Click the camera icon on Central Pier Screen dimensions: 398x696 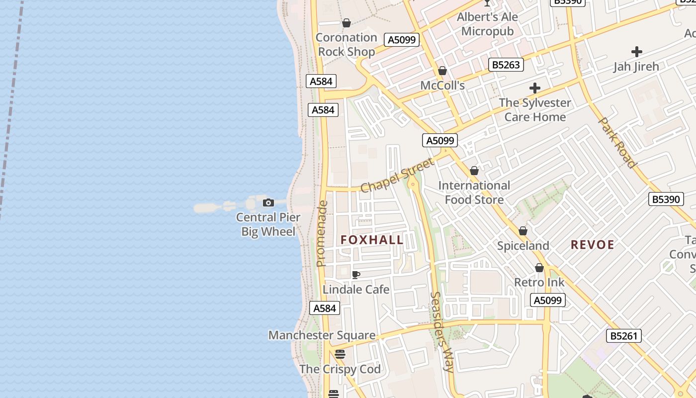tap(268, 202)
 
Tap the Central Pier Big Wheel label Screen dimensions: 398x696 tap(268, 224)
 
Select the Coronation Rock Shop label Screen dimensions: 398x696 tap(347, 44)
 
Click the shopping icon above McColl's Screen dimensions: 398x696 tap(442, 71)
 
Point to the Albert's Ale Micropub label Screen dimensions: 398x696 tap(487, 24)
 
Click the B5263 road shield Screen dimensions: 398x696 tap(506, 65)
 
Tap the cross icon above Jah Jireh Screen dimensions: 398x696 tap(636, 52)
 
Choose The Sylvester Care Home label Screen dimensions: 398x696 tap(535, 109)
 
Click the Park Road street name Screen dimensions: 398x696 tap(617, 142)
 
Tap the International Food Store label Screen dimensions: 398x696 tap(474, 193)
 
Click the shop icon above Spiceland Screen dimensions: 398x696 tap(523, 231)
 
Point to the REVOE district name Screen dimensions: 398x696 tap(593, 245)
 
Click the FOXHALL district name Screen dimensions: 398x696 tap(372, 240)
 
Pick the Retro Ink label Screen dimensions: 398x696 tap(539, 283)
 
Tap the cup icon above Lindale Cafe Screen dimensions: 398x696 tap(356, 275)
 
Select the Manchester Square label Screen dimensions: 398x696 tap(322, 335)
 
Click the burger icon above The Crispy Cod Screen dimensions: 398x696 tap(340, 354)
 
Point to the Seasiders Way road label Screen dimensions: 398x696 tap(441, 332)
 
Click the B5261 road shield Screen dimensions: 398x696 tap(624, 336)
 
